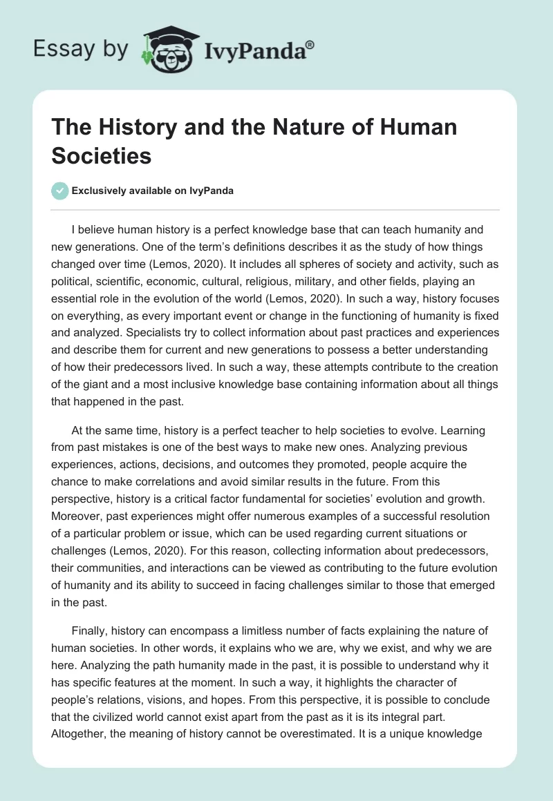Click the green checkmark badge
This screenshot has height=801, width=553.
click(x=60, y=191)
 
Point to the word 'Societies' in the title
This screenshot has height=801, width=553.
click(x=101, y=155)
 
